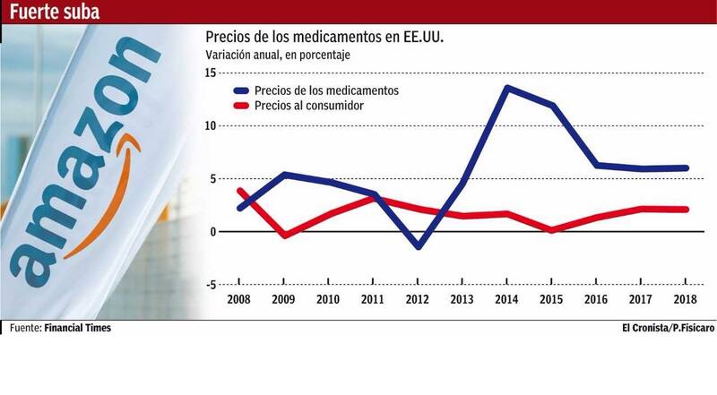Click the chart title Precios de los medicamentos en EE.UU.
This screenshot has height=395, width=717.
coord(324,38)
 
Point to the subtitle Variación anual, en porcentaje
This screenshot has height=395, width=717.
coord(278,56)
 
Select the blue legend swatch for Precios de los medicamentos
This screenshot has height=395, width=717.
coord(240,90)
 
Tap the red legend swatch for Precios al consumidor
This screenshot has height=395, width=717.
coord(240,106)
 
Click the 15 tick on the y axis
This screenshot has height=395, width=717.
coord(211,73)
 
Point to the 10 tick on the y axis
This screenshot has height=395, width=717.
coord(211,125)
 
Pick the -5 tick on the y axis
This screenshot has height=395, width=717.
coord(211,285)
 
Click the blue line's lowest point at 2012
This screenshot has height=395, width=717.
coord(419,246)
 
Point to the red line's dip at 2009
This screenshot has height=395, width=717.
coord(283,236)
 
